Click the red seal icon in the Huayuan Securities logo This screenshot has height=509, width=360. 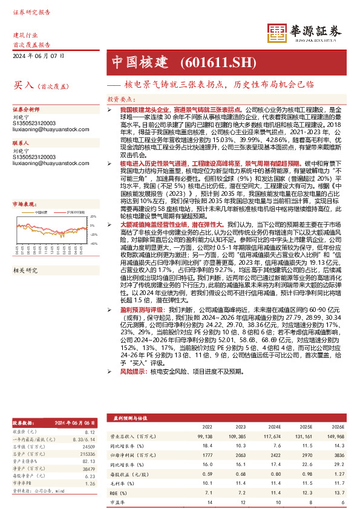point(277,33)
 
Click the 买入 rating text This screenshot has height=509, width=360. point(23,86)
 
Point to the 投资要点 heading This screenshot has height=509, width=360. point(120,97)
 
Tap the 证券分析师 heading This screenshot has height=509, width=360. point(27,111)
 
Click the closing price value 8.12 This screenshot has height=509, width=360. point(90,432)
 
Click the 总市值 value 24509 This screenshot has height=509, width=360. point(89,447)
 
